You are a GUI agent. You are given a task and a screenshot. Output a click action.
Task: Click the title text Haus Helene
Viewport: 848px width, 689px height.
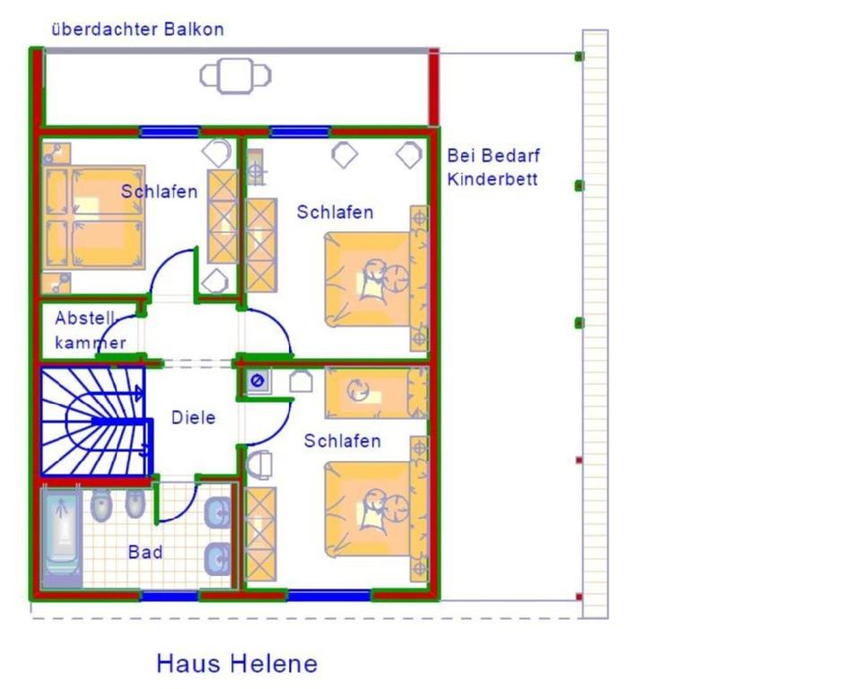tap(237, 664)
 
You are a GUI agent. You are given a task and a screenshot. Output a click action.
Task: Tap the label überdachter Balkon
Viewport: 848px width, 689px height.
tap(137, 30)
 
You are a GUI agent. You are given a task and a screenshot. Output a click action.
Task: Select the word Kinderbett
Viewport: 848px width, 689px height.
tap(492, 179)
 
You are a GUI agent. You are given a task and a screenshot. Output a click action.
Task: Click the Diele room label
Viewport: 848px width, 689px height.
tap(193, 417)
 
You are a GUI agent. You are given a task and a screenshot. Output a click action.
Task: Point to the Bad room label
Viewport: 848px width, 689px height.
tap(145, 552)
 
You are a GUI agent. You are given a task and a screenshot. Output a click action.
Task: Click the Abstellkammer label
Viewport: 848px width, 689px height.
tap(91, 330)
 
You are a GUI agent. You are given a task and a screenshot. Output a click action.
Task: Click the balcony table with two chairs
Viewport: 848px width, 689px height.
tap(235, 75)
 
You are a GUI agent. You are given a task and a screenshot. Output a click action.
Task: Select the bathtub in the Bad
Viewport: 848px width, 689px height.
tap(61, 536)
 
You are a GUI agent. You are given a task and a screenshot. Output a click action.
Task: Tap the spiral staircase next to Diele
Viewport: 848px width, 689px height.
tap(95, 422)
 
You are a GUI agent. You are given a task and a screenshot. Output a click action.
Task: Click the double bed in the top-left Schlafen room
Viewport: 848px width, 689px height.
tap(93, 217)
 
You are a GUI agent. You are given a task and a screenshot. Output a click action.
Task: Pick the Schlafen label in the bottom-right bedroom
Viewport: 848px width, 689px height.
tap(342, 441)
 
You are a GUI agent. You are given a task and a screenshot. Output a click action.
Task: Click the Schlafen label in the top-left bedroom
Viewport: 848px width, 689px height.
tap(159, 191)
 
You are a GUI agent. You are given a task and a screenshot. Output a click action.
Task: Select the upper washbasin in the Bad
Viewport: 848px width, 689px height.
tap(217, 512)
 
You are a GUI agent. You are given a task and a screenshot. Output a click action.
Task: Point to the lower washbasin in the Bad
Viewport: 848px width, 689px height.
tap(217, 559)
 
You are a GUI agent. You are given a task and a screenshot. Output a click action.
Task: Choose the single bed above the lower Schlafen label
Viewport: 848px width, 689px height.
tap(376, 393)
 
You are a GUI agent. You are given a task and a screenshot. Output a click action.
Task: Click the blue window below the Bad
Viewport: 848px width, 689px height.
tap(170, 597)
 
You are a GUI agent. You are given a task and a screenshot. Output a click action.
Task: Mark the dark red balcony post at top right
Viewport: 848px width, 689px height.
tap(433, 87)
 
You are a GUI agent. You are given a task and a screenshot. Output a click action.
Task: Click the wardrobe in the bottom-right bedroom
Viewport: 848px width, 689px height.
tap(260, 535)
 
